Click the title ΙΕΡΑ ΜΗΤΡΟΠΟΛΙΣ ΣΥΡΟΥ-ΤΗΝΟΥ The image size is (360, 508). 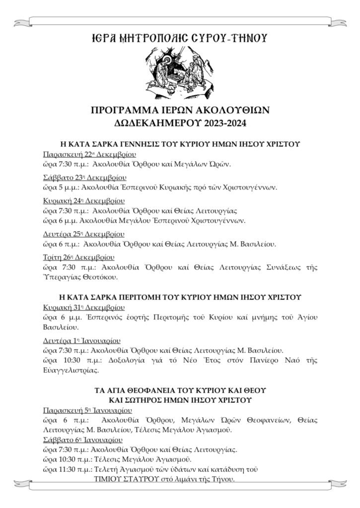pos(180,38)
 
